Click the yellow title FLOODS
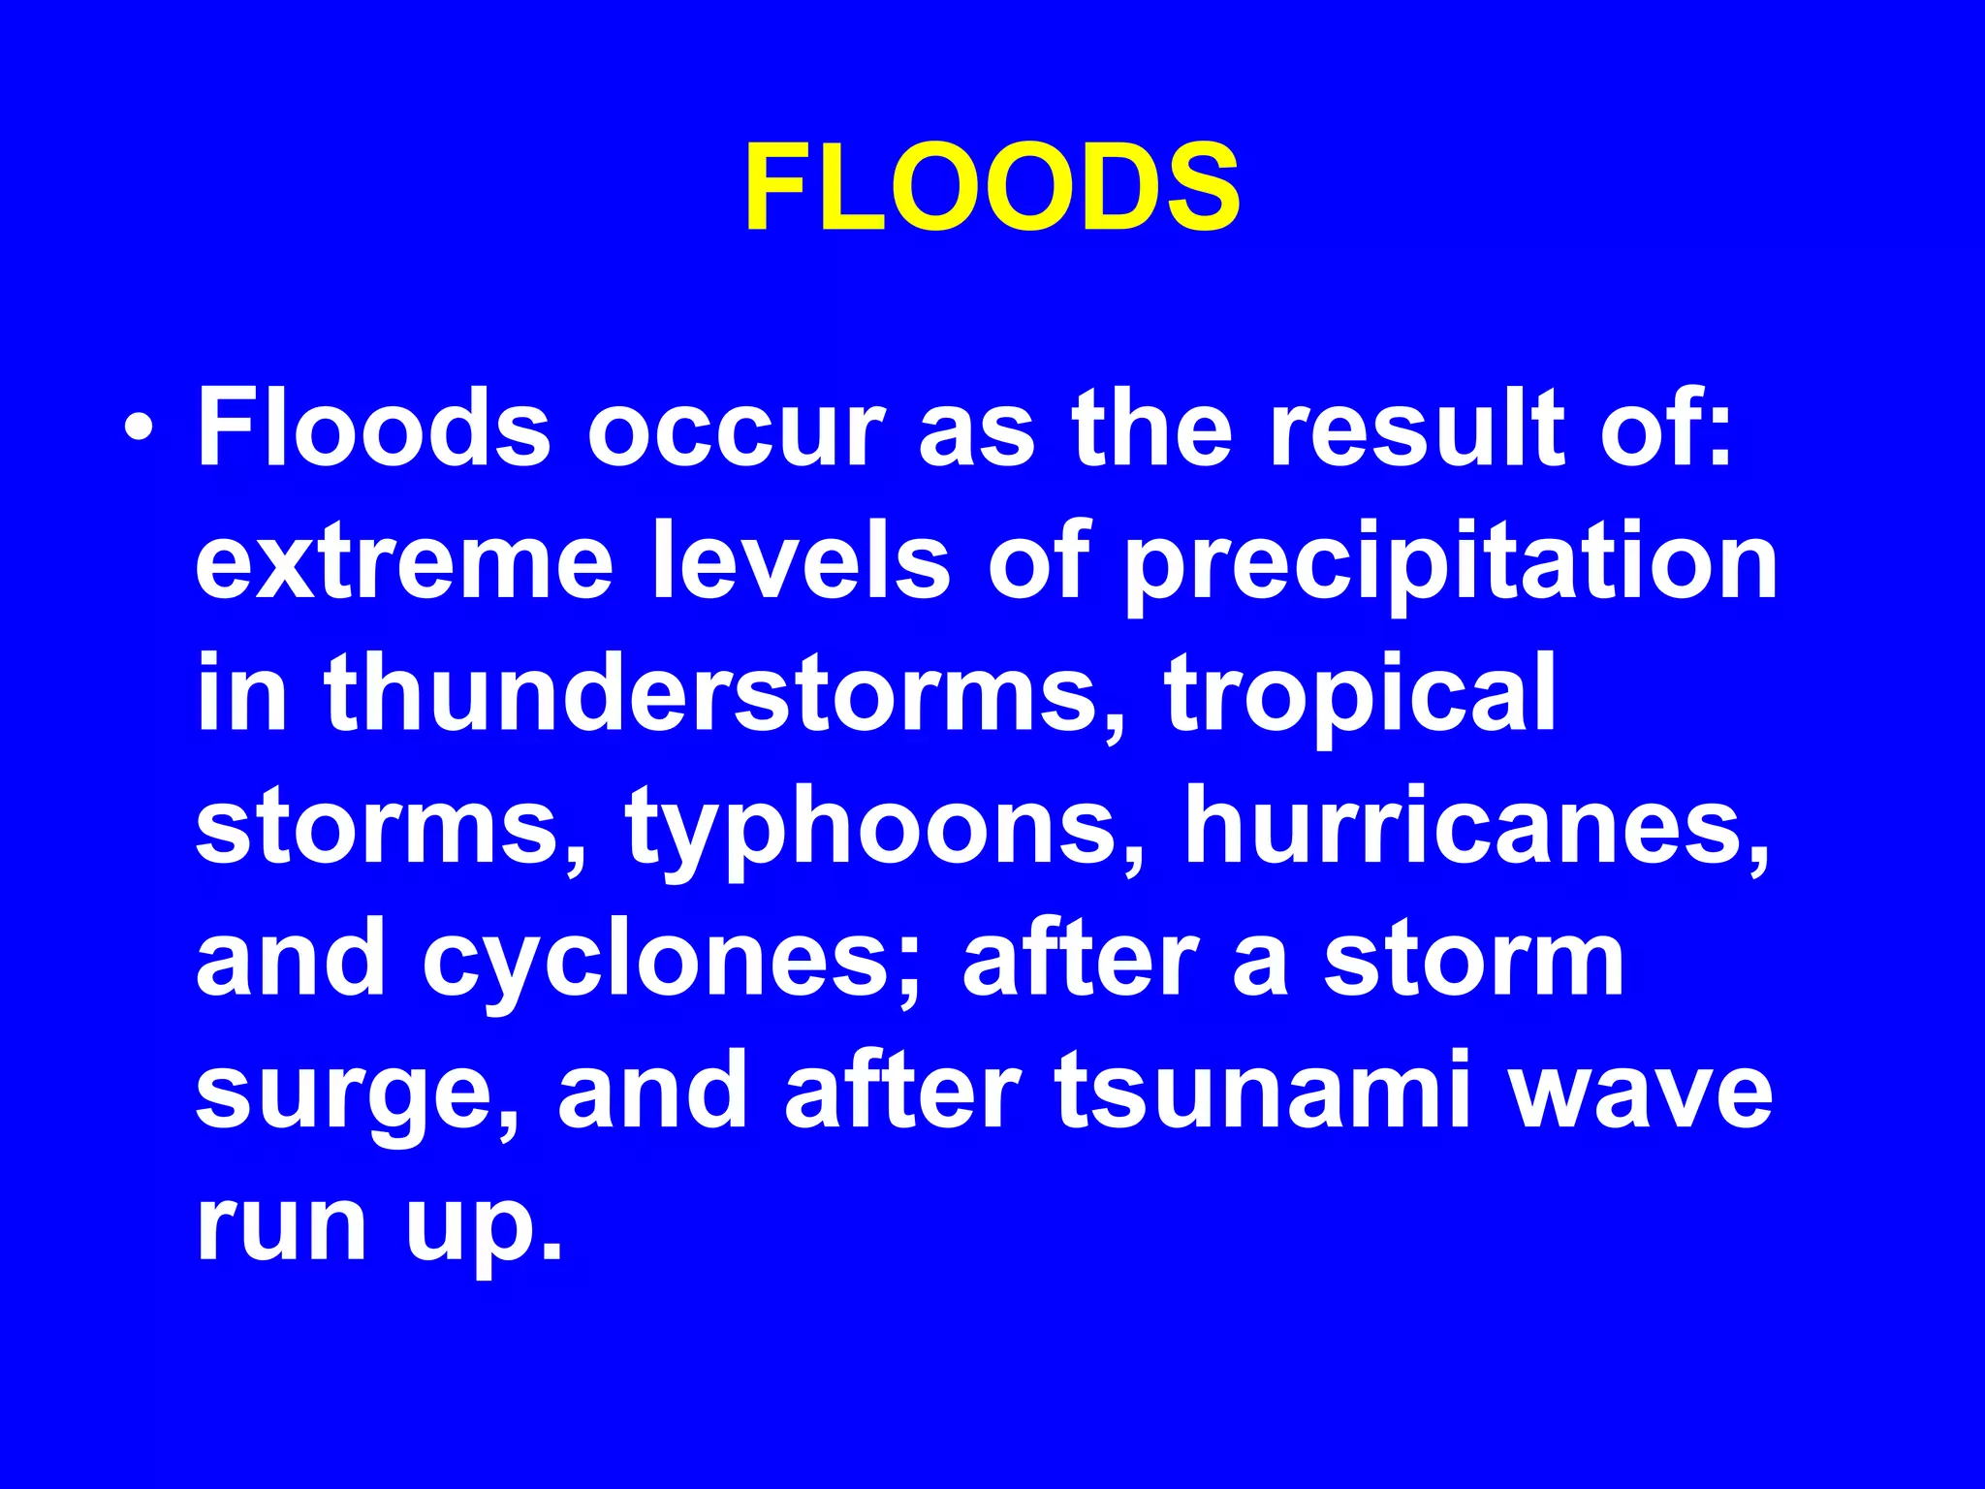(992, 187)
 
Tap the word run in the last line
(282, 1226)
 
